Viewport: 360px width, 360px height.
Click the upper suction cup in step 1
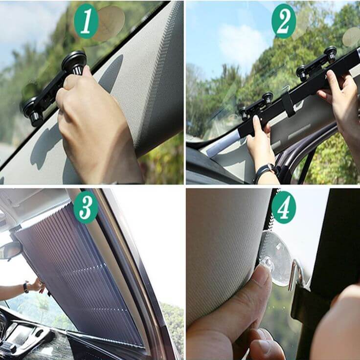click(x=74, y=62)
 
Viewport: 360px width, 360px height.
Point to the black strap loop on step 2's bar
click(x=288, y=104)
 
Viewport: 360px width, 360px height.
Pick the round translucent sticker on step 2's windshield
click(x=351, y=37)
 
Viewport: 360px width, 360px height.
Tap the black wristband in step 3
click(x=26, y=287)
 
